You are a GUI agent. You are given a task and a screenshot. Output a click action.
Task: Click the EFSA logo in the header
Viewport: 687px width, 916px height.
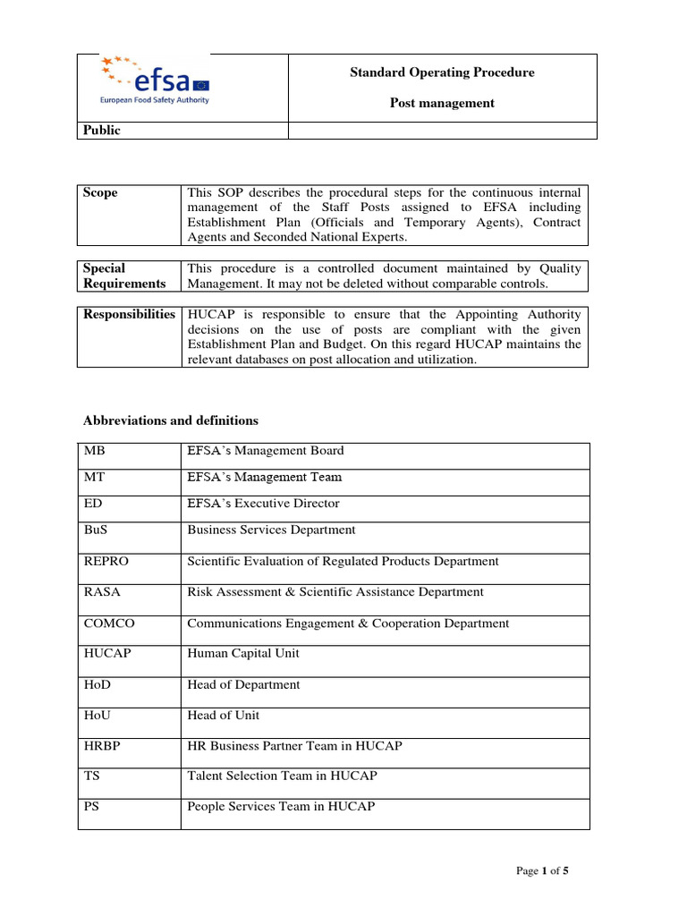click(157, 81)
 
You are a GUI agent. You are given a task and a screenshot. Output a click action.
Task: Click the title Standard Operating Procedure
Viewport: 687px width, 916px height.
click(442, 72)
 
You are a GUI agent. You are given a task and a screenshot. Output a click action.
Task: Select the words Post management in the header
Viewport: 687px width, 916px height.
click(442, 103)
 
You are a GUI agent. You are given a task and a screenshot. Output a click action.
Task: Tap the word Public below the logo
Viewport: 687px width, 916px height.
click(102, 131)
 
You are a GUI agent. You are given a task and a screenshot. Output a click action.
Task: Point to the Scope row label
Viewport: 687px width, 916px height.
click(100, 193)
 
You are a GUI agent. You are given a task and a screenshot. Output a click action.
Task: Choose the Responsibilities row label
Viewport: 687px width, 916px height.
click(130, 315)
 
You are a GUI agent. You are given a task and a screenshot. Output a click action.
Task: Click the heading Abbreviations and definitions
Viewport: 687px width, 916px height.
click(171, 420)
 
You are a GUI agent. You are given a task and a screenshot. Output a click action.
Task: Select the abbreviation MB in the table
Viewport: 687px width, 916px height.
click(93, 451)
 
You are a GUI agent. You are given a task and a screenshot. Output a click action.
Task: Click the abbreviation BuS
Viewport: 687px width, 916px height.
click(95, 530)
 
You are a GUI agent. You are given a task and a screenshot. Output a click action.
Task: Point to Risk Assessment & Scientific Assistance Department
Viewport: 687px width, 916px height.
click(335, 592)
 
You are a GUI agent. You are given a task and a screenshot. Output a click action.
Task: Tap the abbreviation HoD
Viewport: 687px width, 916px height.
click(97, 685)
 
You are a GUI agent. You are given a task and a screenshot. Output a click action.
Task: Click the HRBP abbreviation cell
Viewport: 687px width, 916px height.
click(101, 746)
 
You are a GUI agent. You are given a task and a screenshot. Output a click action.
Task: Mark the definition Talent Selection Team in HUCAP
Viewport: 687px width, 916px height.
click(282, 776)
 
